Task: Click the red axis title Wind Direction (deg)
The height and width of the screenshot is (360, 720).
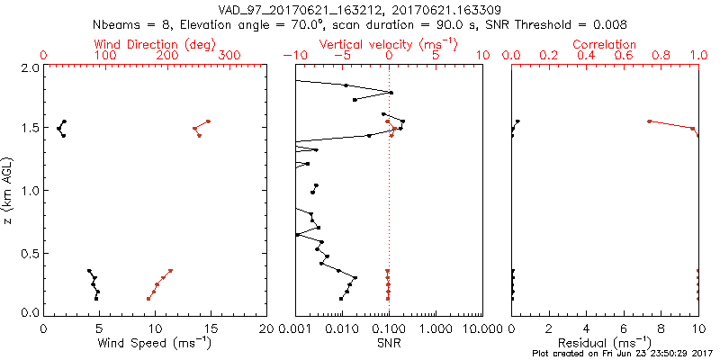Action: pyautogui.click(x=156, y=44)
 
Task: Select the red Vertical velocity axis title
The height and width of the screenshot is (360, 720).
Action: pyautogui.click(x=388, y=44)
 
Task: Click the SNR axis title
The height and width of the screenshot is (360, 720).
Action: pyautogui.click(x=389, y=342)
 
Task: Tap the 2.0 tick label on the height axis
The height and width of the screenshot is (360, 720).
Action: pyautogui.click(x=30, y=67)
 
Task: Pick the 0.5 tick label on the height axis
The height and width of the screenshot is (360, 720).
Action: pyautogui.click(x=30, y=253)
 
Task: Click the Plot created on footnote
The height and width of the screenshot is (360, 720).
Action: pyautogui.click(x=621, y=355)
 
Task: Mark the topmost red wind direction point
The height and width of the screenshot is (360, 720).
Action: pyautogui.click(x=208, y=121)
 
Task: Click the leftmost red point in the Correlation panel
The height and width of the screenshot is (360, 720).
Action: pyautogui.click(x=649, y=121)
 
